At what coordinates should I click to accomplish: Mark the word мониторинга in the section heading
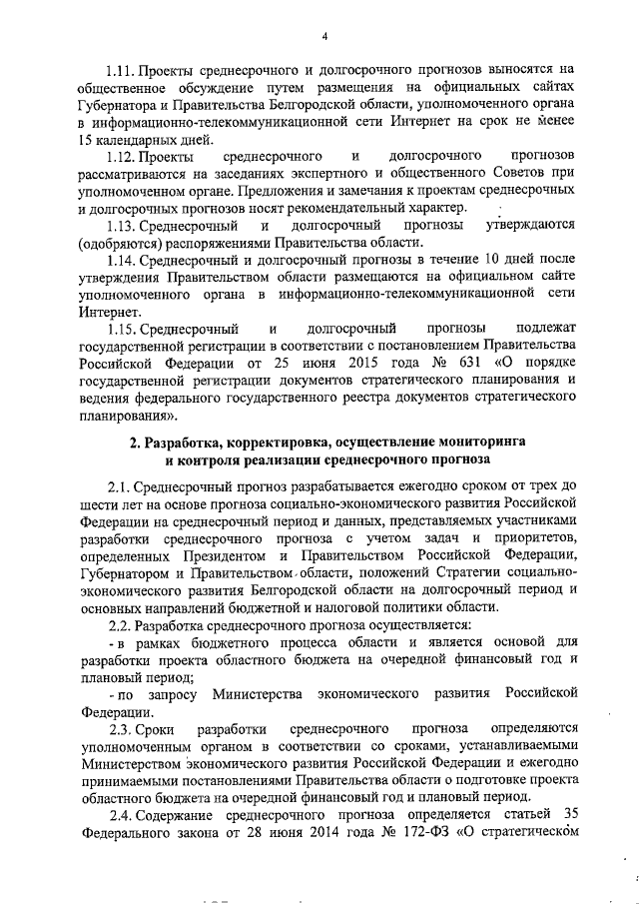[x=481, y=441]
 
